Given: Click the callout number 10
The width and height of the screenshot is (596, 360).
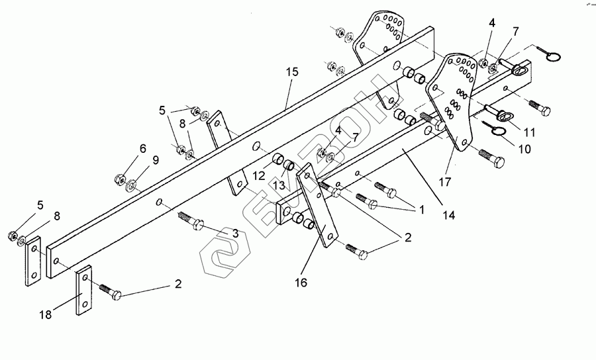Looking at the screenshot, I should click(524, 149).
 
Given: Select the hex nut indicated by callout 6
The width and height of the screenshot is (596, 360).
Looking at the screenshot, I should click(120, 178).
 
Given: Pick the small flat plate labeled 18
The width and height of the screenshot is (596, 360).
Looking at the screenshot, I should click(84, 291).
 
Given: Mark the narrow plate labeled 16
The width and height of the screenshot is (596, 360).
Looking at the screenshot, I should click(319, 208).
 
